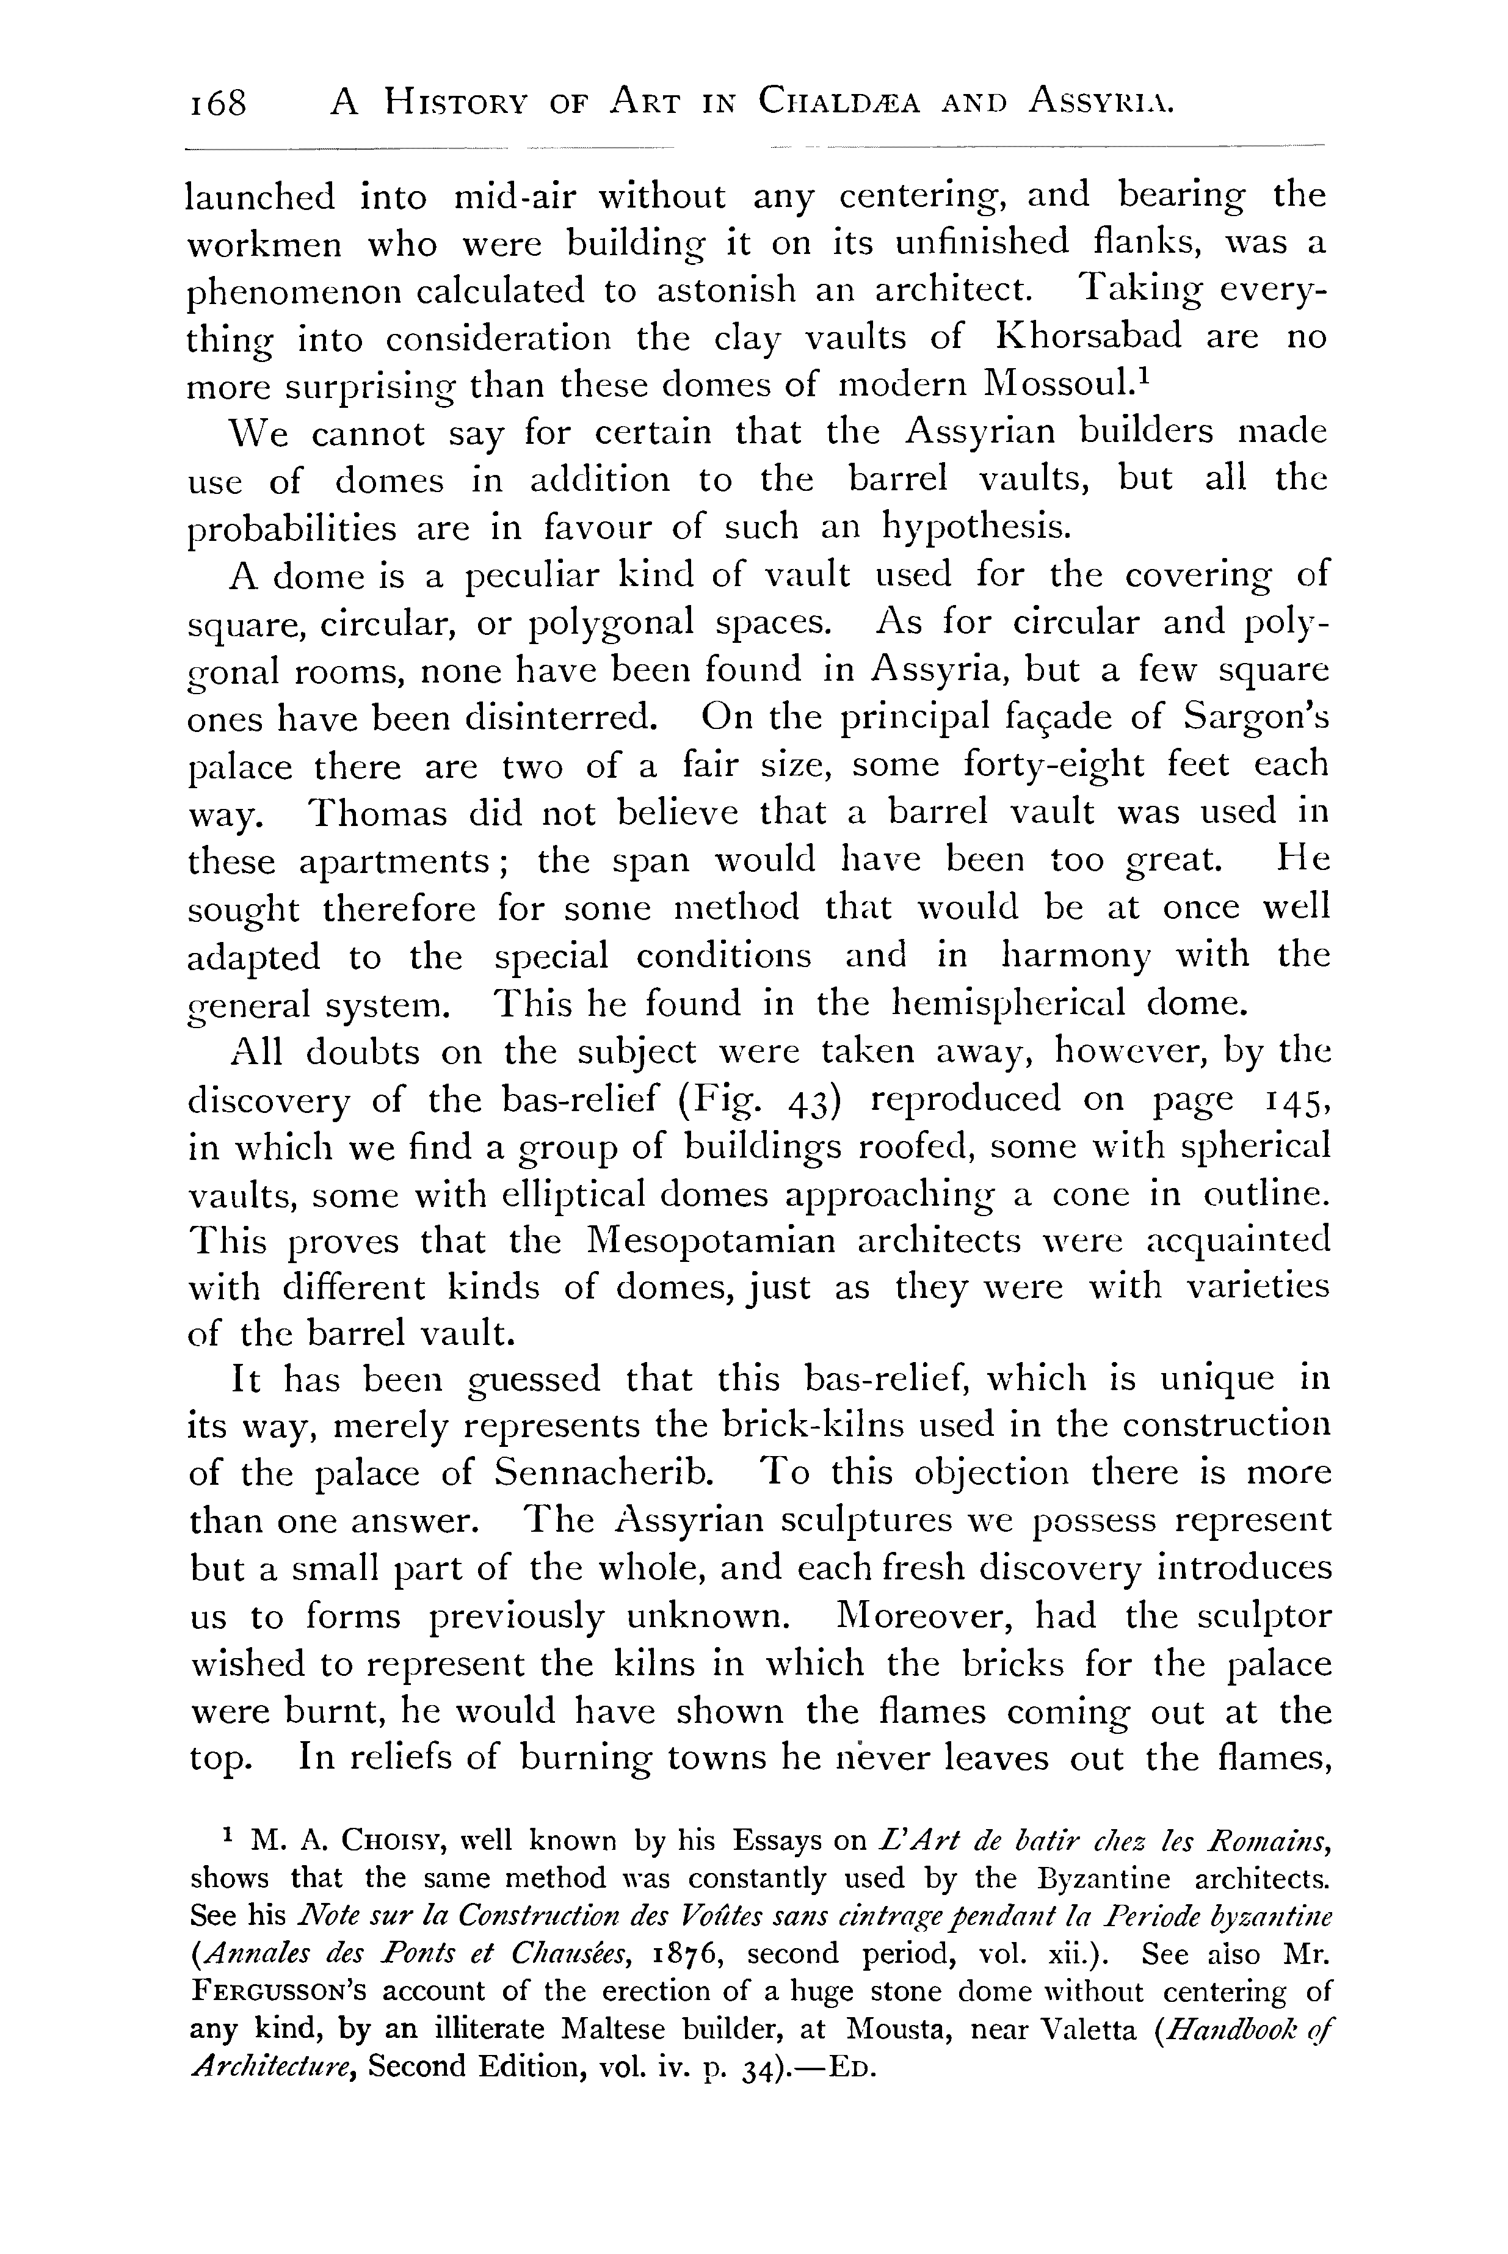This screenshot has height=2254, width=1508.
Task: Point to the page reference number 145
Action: coord(1299,1099)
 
